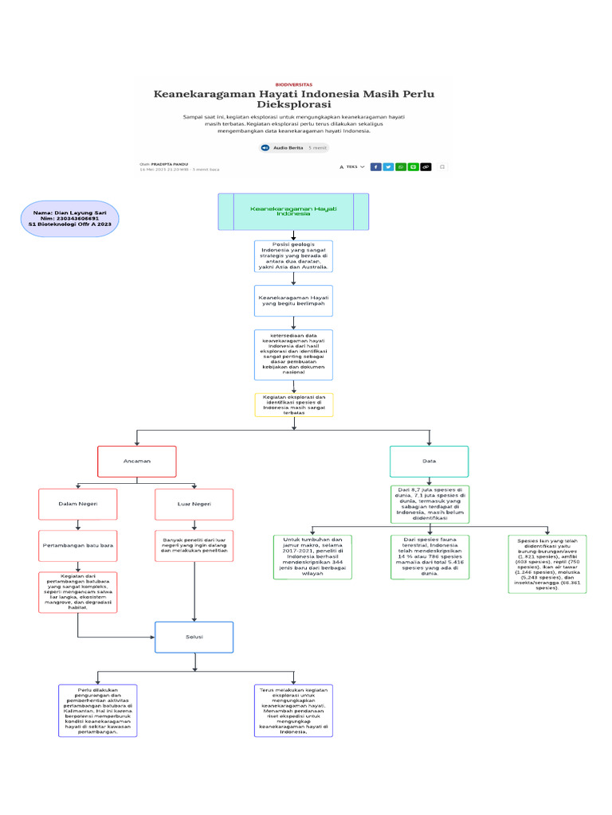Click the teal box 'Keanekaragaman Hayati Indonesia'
pyautogui.click(x=293, y=212)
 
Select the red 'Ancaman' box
pyautogui.click(x=136, y=462)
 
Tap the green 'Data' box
pyautogui.click(x=429, y=462)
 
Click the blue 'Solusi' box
pyautogui.click(x=194, y=637)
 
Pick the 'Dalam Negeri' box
pyautogui.click(x=77, y=504)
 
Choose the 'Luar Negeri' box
pyautogui.click(x=194, y=504)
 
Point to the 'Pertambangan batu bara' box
pyautogui.click(x=77, y=546)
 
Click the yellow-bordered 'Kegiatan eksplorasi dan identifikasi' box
pyautogui.click(x=293, y=404)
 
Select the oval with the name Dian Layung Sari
pyautogui.click(x=70, y=219)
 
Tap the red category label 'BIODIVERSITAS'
pyautogui.click(x=294, y=84)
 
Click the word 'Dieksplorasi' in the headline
pyautogui.click(x=294, y=104)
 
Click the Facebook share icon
pyautogui.click(x=376, y=167)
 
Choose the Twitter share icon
pyautogui.click(x=388, y=167)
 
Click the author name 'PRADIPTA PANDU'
pyautogui.click(x=169, y=163)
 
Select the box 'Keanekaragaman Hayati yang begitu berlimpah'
pyautogui.click(x=293, y=301)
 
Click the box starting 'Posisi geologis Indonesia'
pyautogui.click(x=293, y=256)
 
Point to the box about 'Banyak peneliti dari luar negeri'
pyautogui.click(x=194, y=546)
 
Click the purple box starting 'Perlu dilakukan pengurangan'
pyautogui.click(x=98, y=710)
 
